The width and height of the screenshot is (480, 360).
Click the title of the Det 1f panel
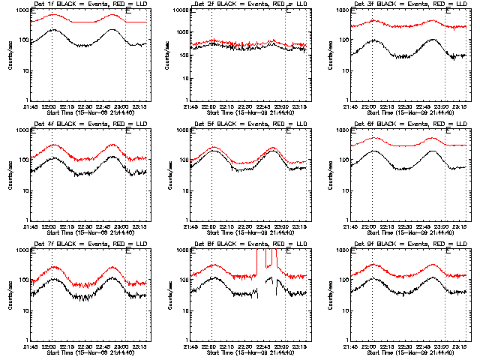click(85, 5)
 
